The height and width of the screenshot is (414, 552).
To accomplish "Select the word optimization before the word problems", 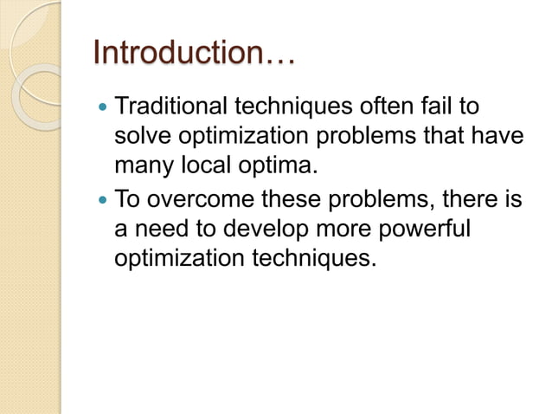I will (250, 137).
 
